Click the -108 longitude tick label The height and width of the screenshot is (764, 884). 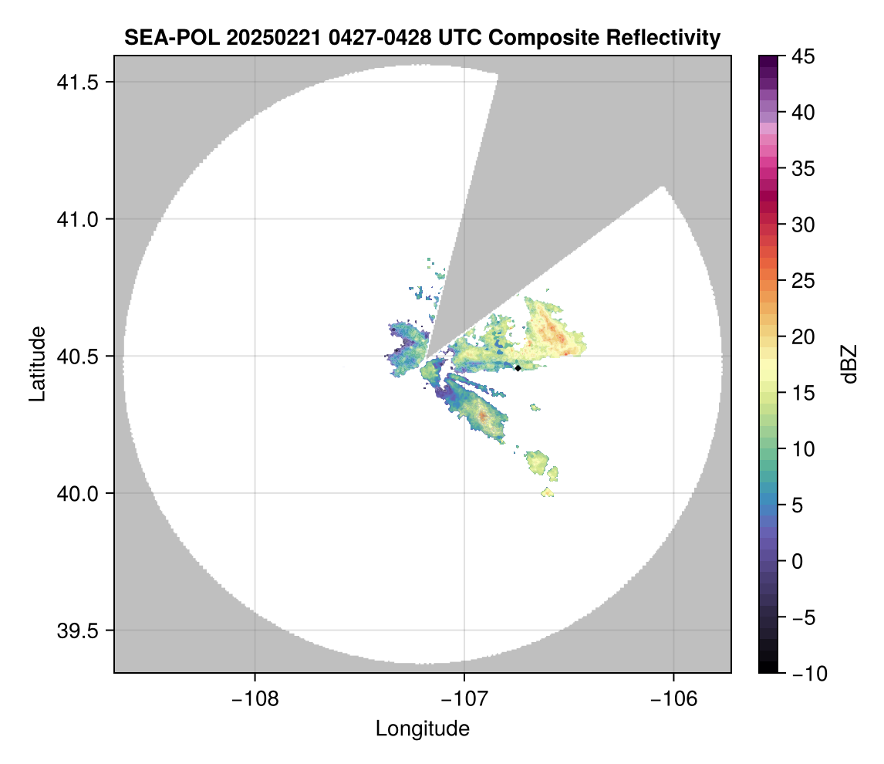[x=254, y=698]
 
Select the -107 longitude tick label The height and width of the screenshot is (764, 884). [x=464, y=698]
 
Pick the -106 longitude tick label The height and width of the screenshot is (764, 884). [x=674, y=698]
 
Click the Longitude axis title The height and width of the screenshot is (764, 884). [x=422, y=728]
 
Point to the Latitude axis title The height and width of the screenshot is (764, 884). [x=36, y=363]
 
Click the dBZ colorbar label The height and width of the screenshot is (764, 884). [x=849, y=364]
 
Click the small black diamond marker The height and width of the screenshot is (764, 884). [x=518, y=368]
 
